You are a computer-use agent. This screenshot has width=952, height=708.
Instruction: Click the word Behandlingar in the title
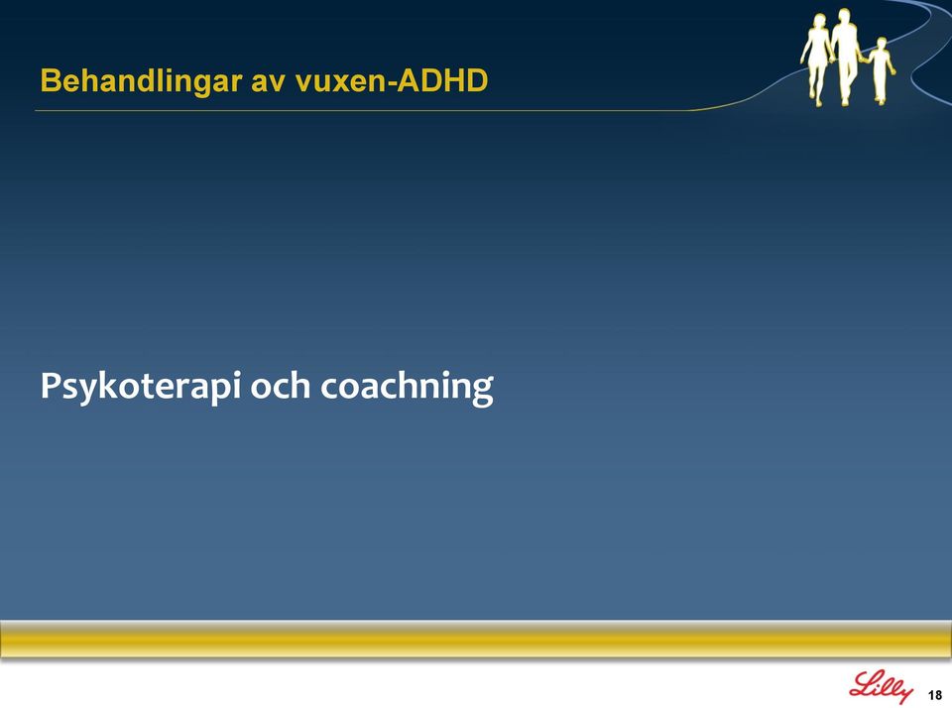141,81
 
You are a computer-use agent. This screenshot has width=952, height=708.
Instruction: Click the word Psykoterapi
141,387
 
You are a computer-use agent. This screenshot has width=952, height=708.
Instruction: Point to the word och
281,386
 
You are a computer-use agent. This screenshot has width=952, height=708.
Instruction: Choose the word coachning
407,387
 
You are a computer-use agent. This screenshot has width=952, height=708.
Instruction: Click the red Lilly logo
881,687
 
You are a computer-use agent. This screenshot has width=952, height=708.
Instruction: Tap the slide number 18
935,695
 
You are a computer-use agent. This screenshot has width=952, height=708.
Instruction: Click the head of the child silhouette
882,44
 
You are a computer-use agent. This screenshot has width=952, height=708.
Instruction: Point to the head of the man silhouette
843,16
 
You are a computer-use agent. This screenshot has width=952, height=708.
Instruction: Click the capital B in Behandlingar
50,80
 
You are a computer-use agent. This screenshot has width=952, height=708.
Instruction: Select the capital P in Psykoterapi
51,385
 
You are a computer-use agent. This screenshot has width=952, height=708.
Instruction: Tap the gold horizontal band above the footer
476,639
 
